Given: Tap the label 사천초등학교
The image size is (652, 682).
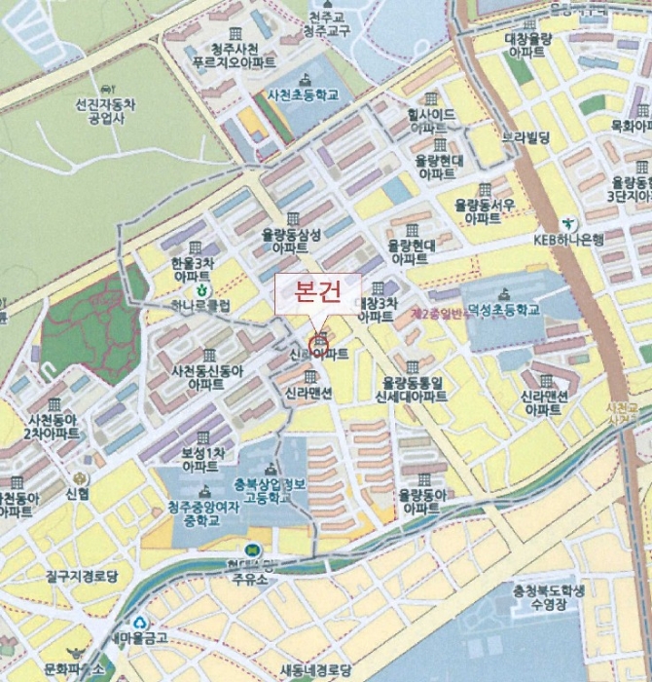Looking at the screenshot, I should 303,95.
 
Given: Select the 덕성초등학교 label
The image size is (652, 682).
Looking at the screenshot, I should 503,310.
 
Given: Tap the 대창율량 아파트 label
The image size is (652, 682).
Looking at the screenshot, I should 528,46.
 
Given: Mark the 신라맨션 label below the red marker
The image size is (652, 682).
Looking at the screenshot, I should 308,393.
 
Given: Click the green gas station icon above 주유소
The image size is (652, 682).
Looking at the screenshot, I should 253,549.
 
